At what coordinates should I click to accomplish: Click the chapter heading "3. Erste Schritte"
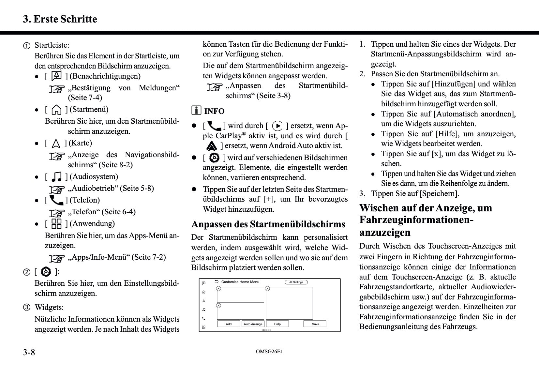(60, 19)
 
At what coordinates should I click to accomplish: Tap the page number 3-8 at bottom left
(29, 352)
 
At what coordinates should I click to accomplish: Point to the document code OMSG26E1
(269, 352)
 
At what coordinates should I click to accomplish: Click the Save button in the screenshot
(315, 324)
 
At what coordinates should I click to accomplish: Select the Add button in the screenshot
(229, 324)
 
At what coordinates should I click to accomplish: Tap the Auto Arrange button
(253, 324)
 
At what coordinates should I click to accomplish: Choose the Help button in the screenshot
(277, 324)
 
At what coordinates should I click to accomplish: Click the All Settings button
(296, 282)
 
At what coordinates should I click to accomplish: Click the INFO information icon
(196, 111)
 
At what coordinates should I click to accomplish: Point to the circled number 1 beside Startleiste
(27, 46)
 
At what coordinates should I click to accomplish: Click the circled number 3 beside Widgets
(27, 307)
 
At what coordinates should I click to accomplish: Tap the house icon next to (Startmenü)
(56, 110)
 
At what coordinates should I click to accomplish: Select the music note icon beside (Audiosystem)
(57, 177)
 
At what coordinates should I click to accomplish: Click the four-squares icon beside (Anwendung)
(56, 224)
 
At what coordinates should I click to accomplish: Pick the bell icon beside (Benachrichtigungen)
(56, 76)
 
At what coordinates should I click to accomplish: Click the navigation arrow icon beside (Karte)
(56, 144)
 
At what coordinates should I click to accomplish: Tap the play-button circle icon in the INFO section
(277, 126)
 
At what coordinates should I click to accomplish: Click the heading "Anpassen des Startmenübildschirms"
(268, 224)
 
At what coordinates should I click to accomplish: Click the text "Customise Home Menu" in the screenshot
(240, 282)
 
